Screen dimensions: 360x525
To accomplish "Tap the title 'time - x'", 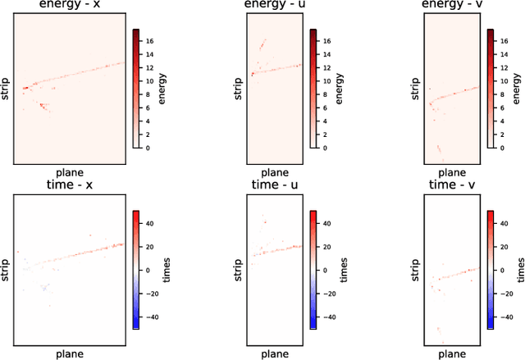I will coord(69,186).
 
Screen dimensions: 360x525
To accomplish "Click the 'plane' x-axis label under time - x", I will coord(69,354).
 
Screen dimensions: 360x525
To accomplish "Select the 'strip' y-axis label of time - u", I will coord(238,269).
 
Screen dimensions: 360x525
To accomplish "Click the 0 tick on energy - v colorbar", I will coord(502,148).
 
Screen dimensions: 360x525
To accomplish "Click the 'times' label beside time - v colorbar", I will coord(520,269).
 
